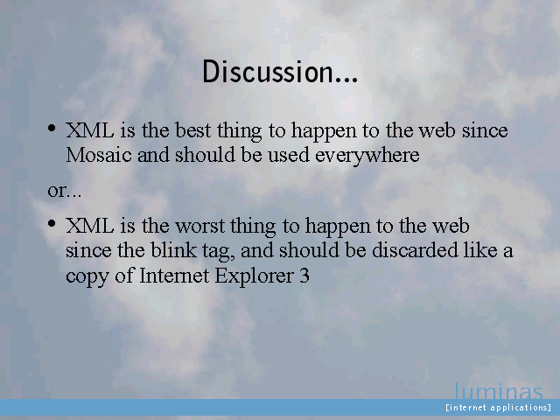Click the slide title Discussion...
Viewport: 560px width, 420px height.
280,72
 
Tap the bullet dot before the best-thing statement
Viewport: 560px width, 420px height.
52,128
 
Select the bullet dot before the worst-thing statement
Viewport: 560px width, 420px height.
52,224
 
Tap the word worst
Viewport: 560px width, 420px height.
200,226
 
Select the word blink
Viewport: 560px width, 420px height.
173,249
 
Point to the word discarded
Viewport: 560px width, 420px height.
415,249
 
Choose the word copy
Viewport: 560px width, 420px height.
87,277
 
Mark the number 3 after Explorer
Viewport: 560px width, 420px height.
304,276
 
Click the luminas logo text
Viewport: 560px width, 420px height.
499,391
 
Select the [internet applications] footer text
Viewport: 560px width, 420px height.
499,408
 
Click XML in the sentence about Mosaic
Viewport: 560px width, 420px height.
90,130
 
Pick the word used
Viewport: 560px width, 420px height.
289,155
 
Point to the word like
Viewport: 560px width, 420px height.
480,249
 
